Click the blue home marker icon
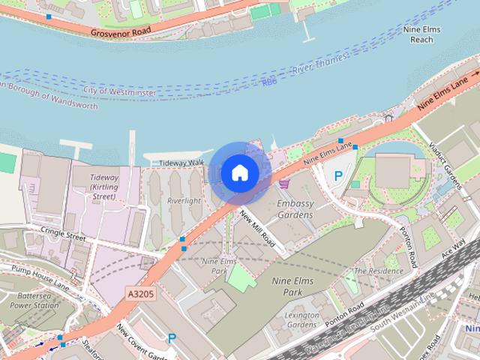point(239,173)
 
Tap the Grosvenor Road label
point(121,33)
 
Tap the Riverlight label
point(184,201)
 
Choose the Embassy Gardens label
point(294,209)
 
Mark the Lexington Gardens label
point(302,321)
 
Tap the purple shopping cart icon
point(283,183)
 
